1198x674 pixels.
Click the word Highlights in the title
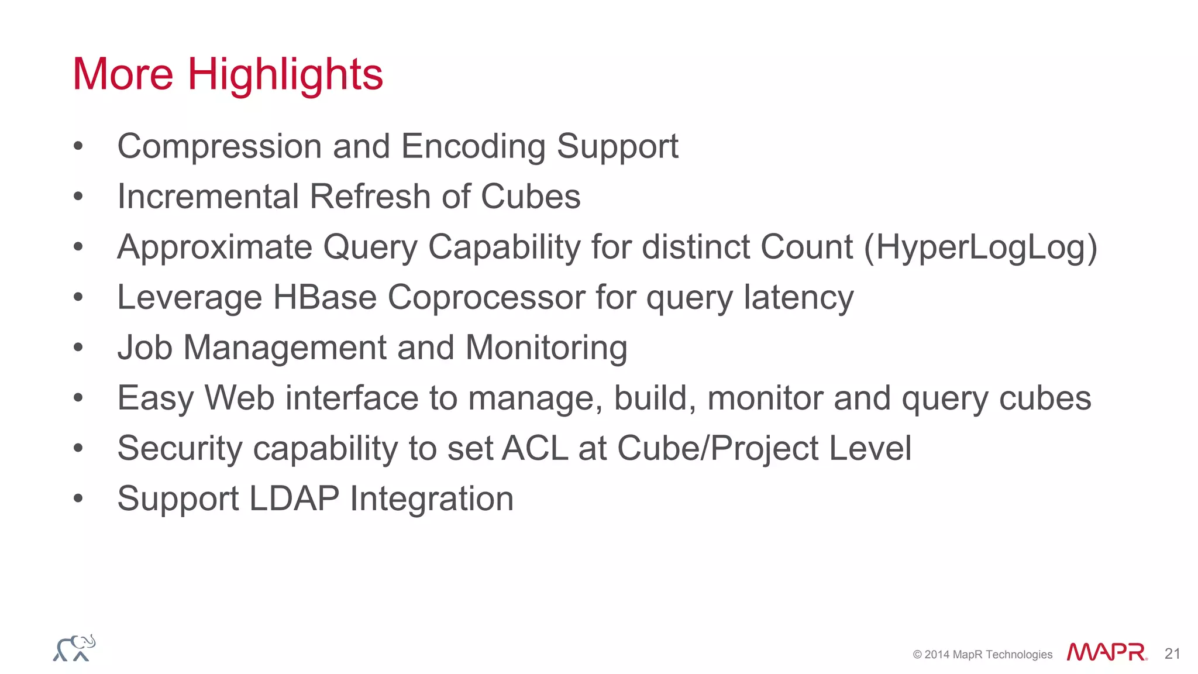point(285,75)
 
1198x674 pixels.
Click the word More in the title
point(123,75)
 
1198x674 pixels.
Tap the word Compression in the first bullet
point(219,146)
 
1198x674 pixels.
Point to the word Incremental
point(208,197)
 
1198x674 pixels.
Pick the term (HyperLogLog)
point(980,247)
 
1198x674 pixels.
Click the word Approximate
point(214,247)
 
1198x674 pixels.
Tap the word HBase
point(325,297)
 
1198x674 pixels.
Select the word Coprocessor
point(486,297)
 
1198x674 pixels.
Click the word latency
point(798,297)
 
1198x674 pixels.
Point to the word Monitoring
point(546,348)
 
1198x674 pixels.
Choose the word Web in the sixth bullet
point(239,398)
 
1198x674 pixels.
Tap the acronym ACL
point(535,448)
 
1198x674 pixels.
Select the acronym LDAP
point(294,498)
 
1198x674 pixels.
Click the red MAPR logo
point(1106,652)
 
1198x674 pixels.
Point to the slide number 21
point(1172,654)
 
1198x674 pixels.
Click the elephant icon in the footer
point(74,648)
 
